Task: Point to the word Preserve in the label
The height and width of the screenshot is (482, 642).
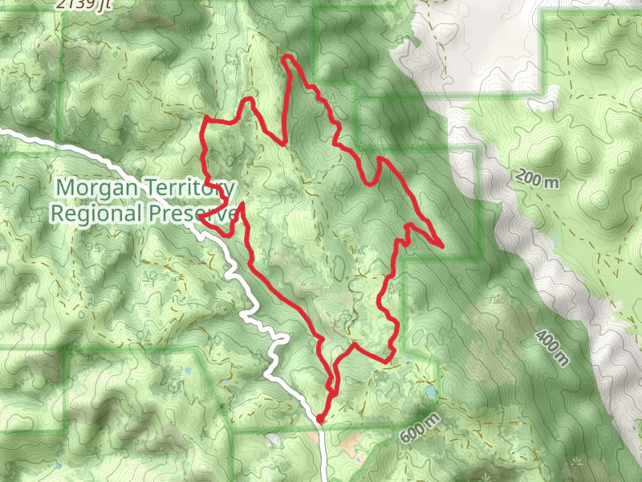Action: tap(193, 214)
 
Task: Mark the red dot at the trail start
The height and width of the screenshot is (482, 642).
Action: tap(319, 419)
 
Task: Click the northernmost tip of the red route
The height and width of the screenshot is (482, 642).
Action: tap(286, 55)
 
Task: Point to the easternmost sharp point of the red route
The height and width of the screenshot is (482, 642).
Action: tap(443, 244)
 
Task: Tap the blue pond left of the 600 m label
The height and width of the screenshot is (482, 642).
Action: tap(432, 392)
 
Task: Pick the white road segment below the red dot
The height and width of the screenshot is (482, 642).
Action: tap(323, 450)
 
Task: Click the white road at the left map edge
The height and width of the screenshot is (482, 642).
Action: tap(3, 131)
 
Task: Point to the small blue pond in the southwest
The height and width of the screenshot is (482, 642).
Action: tap(187, 371)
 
